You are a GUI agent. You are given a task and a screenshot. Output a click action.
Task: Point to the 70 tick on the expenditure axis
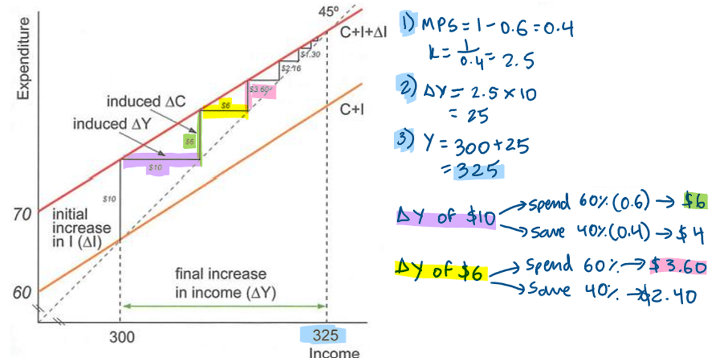[x=22, y=215]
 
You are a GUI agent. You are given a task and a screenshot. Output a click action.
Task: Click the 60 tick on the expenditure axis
[x=22, y=293]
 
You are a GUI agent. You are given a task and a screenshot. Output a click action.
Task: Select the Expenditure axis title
[x=23, y=59]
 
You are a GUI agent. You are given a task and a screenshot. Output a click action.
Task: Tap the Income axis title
[x=333, y=354]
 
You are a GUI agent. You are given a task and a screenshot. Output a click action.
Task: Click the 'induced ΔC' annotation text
[x=145, y=101]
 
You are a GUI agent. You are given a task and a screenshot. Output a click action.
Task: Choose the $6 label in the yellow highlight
[x=225, y=106]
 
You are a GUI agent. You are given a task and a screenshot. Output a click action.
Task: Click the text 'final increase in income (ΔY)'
[x=221, y=283]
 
